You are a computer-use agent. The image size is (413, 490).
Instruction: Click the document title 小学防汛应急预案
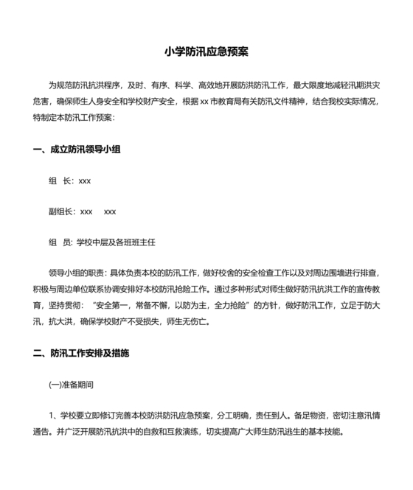[206, 52]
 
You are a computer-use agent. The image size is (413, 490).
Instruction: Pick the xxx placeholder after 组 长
[85, 181]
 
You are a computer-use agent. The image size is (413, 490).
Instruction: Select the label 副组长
[61, 211]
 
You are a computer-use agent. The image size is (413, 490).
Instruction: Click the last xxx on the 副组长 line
[110, 211]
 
